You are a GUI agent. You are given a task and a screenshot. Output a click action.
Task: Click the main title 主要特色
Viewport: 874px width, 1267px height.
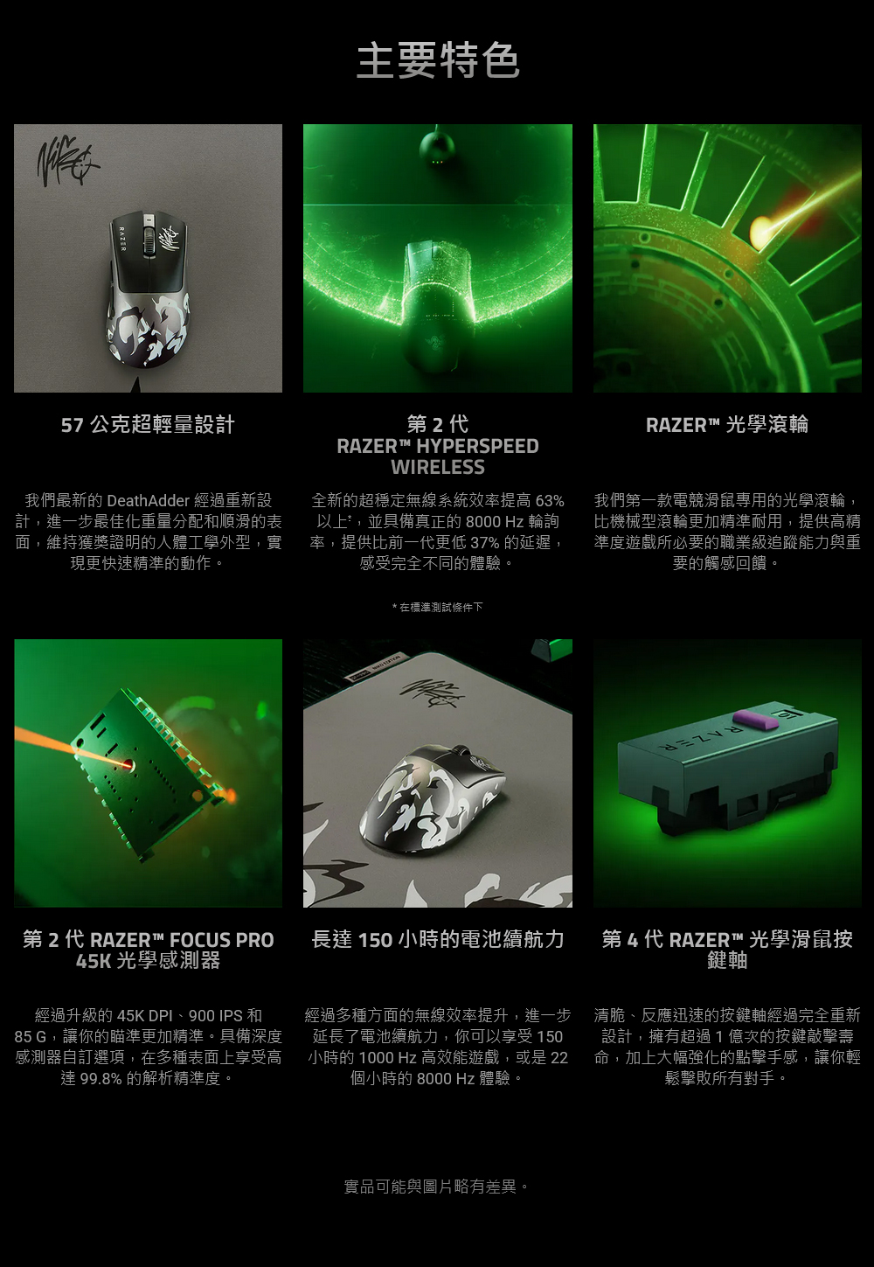pos(438,60)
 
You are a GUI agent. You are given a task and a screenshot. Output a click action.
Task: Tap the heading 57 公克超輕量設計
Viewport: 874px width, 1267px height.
pos(148,424)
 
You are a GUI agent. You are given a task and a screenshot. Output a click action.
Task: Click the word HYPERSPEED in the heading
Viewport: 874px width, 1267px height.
pos(477,446)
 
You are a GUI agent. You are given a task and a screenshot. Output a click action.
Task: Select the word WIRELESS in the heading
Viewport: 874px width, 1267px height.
pos(438,467)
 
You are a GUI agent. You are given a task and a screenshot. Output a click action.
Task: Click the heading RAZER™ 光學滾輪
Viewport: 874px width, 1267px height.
pos(727,424)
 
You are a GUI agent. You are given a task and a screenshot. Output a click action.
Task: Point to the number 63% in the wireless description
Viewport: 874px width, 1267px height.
pos(550,500)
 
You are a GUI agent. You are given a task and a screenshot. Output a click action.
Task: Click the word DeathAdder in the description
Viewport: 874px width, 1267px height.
pos(148,500)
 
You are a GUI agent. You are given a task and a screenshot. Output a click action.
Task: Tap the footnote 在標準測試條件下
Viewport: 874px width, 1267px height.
pos(441,608)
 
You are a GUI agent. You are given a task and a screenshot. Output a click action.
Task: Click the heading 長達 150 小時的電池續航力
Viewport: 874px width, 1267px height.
pos(438,939)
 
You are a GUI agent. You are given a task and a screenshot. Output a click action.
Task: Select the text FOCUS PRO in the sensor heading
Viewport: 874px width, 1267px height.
pos(222,940)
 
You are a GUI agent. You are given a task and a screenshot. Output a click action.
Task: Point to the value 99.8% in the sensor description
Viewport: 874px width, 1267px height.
pos(101,1079)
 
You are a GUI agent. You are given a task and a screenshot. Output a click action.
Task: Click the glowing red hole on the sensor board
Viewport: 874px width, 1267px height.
pos(127,765)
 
